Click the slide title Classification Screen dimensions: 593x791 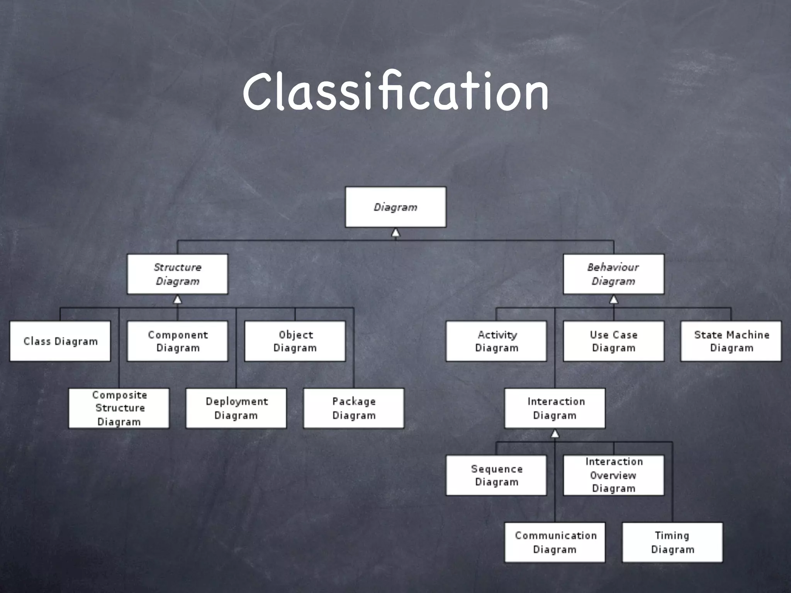click(395, 91)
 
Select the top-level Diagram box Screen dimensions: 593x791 click(395, 207)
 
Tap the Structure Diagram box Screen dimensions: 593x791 click(177, 274)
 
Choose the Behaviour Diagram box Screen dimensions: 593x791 click(613, 274)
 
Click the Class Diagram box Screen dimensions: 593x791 click(60, 341)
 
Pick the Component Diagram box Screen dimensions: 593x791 click(177, 341)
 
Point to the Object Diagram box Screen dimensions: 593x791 click(295, 341)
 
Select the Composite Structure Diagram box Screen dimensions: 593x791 click(119, 408)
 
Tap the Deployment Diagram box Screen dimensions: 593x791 click(236, 408)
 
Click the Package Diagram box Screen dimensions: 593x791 click(354, 408)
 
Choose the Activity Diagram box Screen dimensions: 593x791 click(496, 341)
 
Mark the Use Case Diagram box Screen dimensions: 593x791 click(613, 341)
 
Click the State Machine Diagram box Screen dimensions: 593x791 click(731, 341)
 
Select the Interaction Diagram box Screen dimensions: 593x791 click(555, 408)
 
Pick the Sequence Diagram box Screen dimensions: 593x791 click(496, 475)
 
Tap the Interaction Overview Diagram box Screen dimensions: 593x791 click(613, 475)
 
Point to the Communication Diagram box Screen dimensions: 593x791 click(555, 542)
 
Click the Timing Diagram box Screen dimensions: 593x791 click(672, 542)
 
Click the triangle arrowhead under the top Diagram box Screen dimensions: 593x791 click(395, 233)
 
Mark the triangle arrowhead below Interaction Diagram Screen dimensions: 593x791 click(555, 434)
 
